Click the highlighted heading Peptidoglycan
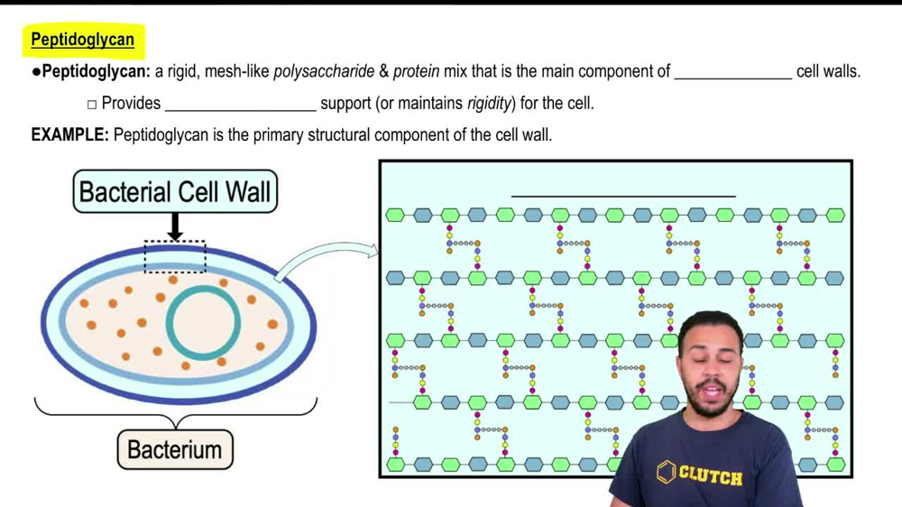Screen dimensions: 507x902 coord(82,40)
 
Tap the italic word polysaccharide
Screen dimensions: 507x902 coord(324,71)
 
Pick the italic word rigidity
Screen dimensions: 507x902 coord(489,104)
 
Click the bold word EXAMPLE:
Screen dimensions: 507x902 coord(69,135)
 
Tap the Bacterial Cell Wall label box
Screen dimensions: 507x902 coord(175,192)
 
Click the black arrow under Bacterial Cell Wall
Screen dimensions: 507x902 coord(175,226)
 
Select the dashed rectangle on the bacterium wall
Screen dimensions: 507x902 coord(175,256)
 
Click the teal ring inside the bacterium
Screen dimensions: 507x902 coord(207,324)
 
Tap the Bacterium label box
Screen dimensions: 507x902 coord(174,449)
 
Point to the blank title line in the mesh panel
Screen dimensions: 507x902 coord(622,194)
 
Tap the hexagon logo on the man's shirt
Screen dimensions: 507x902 coord(667,471)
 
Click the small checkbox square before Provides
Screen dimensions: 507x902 coord(92,105)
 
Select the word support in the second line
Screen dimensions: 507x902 coord(345,104)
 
